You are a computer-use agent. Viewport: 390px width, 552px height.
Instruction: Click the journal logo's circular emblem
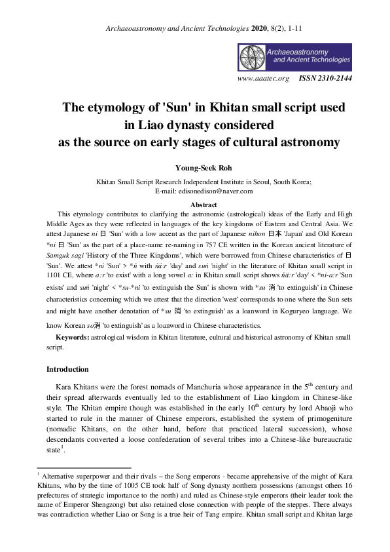point(253,58)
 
